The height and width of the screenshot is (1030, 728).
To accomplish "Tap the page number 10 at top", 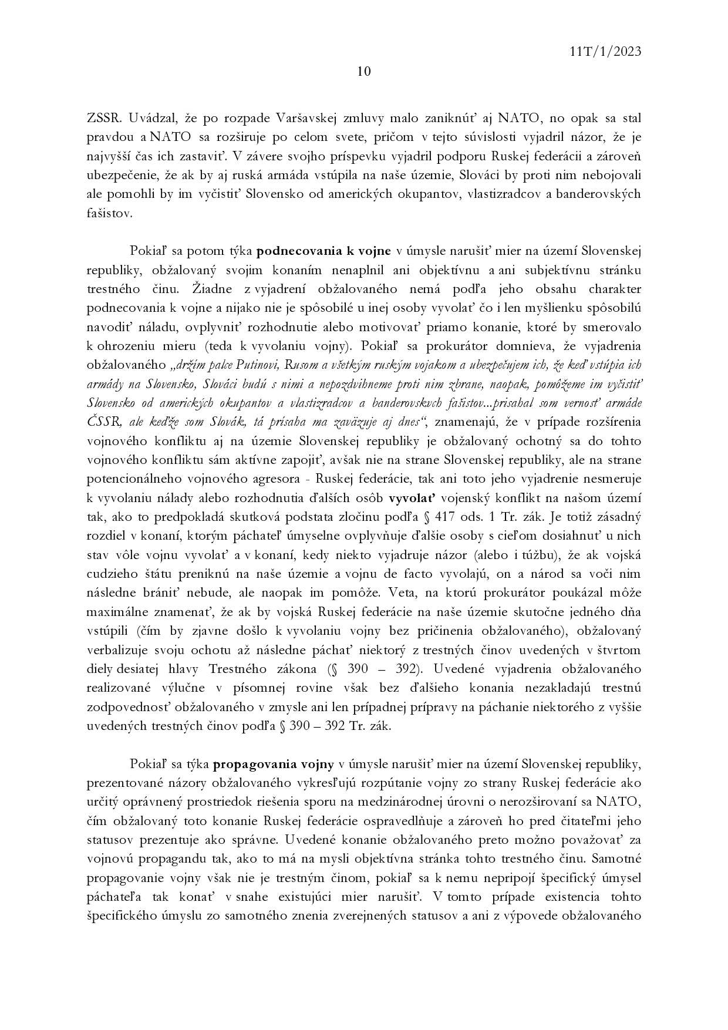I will click(363, 72).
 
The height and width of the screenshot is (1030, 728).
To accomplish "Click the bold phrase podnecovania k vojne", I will click(324, 251).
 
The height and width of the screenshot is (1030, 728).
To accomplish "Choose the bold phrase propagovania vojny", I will click(274, 765).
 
